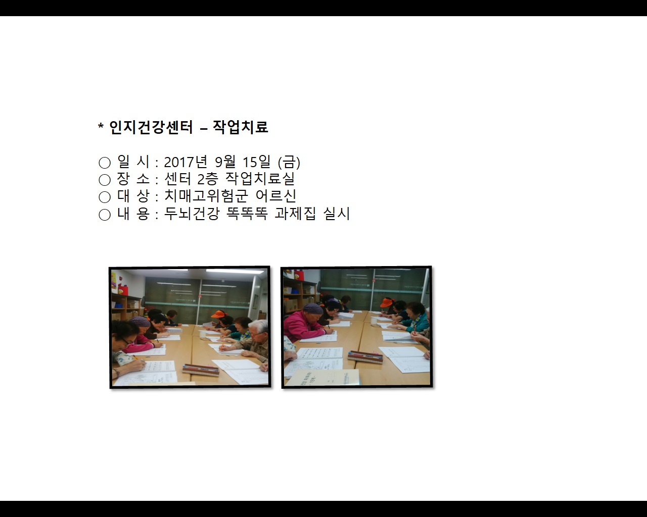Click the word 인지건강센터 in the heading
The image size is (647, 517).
click(x=151, y=127)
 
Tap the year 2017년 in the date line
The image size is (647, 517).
click(x=186, y=162)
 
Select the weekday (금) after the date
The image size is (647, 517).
click(x=289, y=162)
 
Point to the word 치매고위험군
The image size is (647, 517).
click(x=206, y=196)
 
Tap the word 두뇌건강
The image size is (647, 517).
click(x=192, y=214)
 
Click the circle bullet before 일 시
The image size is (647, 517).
click(x=105, y=163)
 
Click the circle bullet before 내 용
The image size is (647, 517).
click(x=105, y=215)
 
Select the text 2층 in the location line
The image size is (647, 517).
click(x=207, y=179)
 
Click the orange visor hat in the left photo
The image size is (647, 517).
click(x=218, y=314)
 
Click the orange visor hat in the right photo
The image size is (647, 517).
click(x=387, y=302)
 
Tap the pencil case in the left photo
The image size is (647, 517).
click(x=201, y=369)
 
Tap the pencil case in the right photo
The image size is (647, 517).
click(x=365, y=357)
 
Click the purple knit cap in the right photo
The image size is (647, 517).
click(x=313, y=308)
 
